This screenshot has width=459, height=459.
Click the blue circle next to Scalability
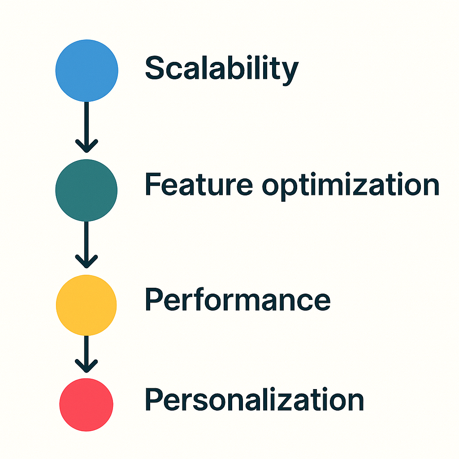(87, 70)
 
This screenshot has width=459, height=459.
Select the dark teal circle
(87, 190)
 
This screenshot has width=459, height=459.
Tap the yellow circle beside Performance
(87, 305)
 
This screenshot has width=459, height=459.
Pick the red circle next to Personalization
(87, 405)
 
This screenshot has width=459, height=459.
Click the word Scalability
(222, 70)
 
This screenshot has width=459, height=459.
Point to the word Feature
(199, 184)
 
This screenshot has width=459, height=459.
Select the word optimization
(351, 186)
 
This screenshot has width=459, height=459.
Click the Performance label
(238, 299)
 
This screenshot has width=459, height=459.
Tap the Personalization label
(255, 399)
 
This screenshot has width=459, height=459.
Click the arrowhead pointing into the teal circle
(87, 146)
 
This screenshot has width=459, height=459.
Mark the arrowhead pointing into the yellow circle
(87, 261)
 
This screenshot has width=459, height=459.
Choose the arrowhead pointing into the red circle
(87, 366)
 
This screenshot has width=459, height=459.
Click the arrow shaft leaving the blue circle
(87, 126)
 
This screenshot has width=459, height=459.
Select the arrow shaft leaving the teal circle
(87, 244)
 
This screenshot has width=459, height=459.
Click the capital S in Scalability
(155, 68)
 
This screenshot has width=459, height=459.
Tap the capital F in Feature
(153, 184)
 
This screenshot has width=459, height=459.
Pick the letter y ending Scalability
(290, 74)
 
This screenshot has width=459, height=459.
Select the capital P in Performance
(154, 299)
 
